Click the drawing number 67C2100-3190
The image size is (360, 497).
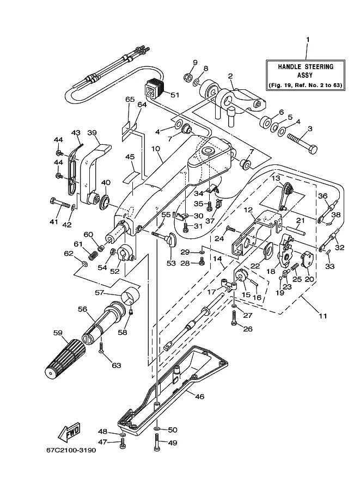coord(71,450)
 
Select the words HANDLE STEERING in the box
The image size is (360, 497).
coord(306,66)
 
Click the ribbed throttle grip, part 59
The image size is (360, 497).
coord(65,358)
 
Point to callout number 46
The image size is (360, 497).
coord(199,396)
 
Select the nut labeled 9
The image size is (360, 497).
coord(187,76)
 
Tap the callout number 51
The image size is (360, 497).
coord(175,95)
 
